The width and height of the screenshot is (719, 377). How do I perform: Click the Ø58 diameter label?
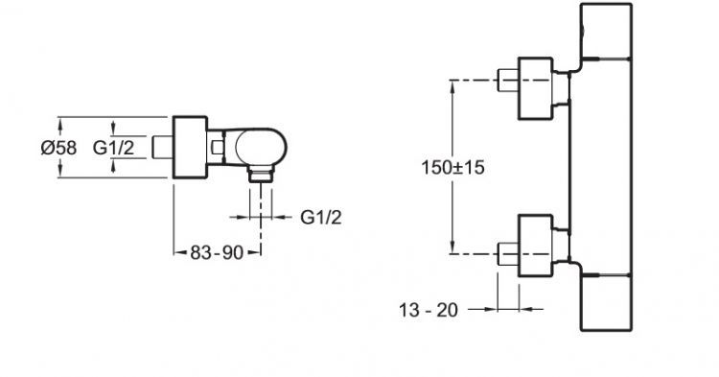coord(58,148)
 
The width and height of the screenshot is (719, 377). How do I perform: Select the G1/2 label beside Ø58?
coord(113,148)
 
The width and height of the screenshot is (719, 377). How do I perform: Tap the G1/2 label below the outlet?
coord(321,217)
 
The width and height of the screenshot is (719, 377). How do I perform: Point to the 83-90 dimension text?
coord(217,252)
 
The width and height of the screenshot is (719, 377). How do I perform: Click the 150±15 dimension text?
coord(452,168)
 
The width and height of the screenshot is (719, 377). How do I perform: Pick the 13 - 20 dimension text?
coord(429,311)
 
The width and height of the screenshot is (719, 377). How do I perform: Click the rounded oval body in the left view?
coord(261,147)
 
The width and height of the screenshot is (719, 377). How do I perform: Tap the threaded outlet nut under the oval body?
coord(261,175)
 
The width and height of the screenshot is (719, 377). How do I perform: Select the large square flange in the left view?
coord(191,147)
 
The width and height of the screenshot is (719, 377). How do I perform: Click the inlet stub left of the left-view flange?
coord(162,147)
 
